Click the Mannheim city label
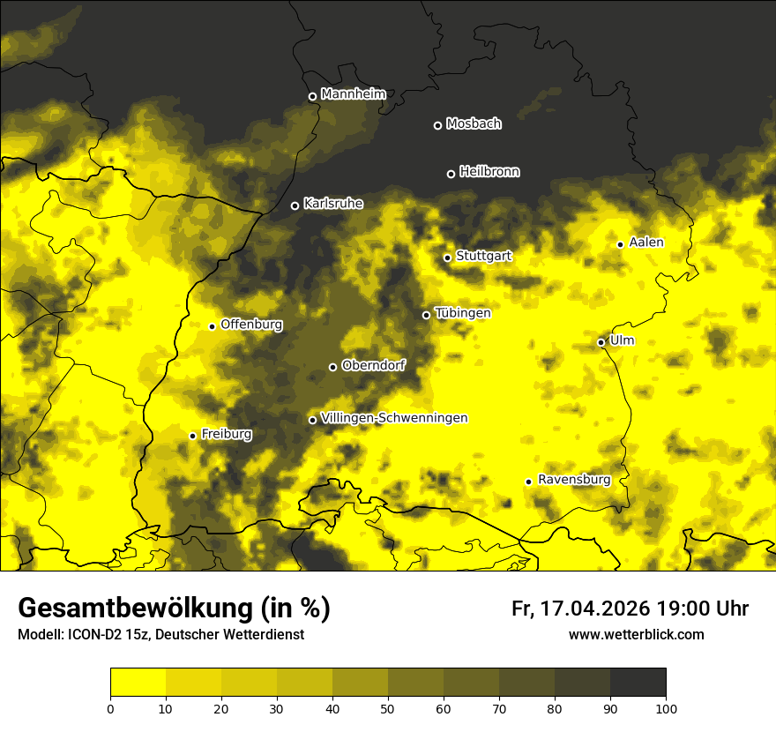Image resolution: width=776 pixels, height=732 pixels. click(x=353, y=94)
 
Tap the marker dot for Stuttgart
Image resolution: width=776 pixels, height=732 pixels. click(x=447, y=258)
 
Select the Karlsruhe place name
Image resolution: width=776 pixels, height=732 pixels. click(x=332, y=204)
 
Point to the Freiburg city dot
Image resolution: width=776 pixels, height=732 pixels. click(x=192, y=436)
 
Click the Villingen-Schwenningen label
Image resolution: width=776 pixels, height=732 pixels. click(x=394, y=418)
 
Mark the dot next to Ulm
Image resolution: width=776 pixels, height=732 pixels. click(x=601, y=342)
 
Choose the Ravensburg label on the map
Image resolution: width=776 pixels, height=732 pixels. click(x=573, y=480)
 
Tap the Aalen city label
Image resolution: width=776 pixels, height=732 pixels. click(x=645, y=243)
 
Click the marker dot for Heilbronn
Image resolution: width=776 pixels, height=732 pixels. click(x=451, y=174)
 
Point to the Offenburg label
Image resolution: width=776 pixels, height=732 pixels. click(x=251, y=325)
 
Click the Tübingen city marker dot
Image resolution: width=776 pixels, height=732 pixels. click(x=426, y=315)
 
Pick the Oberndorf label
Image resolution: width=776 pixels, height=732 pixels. click(x=373, y=365)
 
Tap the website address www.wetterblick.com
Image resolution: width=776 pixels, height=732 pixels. click(x=636, y=635)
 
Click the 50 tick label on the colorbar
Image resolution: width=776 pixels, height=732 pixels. click(x=388, y=707)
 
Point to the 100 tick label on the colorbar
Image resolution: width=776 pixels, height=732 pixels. click(x=666, y=707)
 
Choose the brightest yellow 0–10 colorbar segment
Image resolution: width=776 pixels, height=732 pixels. click(x=138, y=683)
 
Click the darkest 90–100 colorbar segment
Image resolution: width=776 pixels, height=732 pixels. click(x=638, y=683)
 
